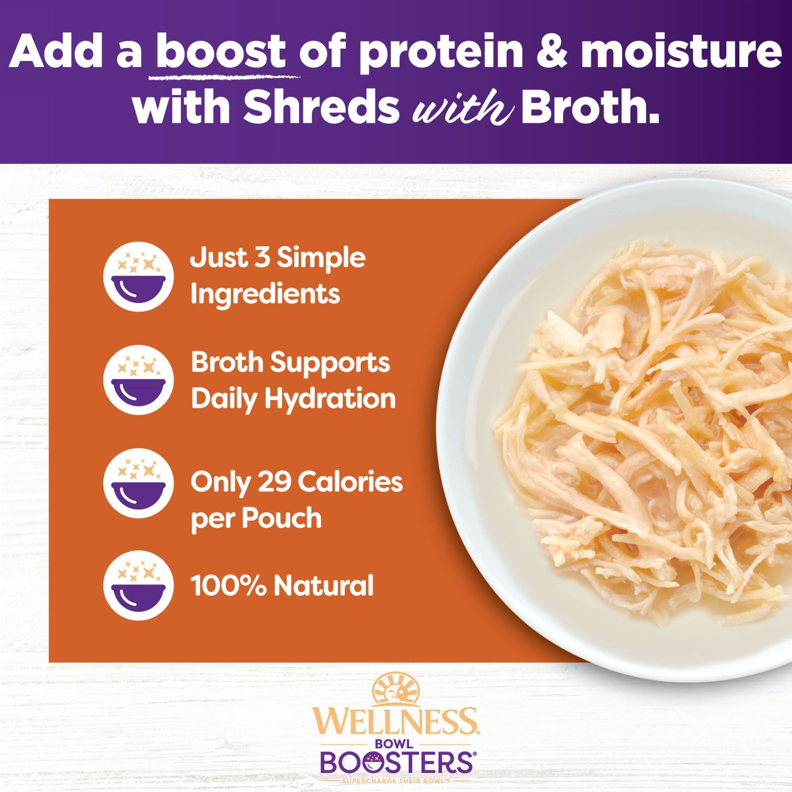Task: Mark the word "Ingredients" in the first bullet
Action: tap(265, 293)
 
